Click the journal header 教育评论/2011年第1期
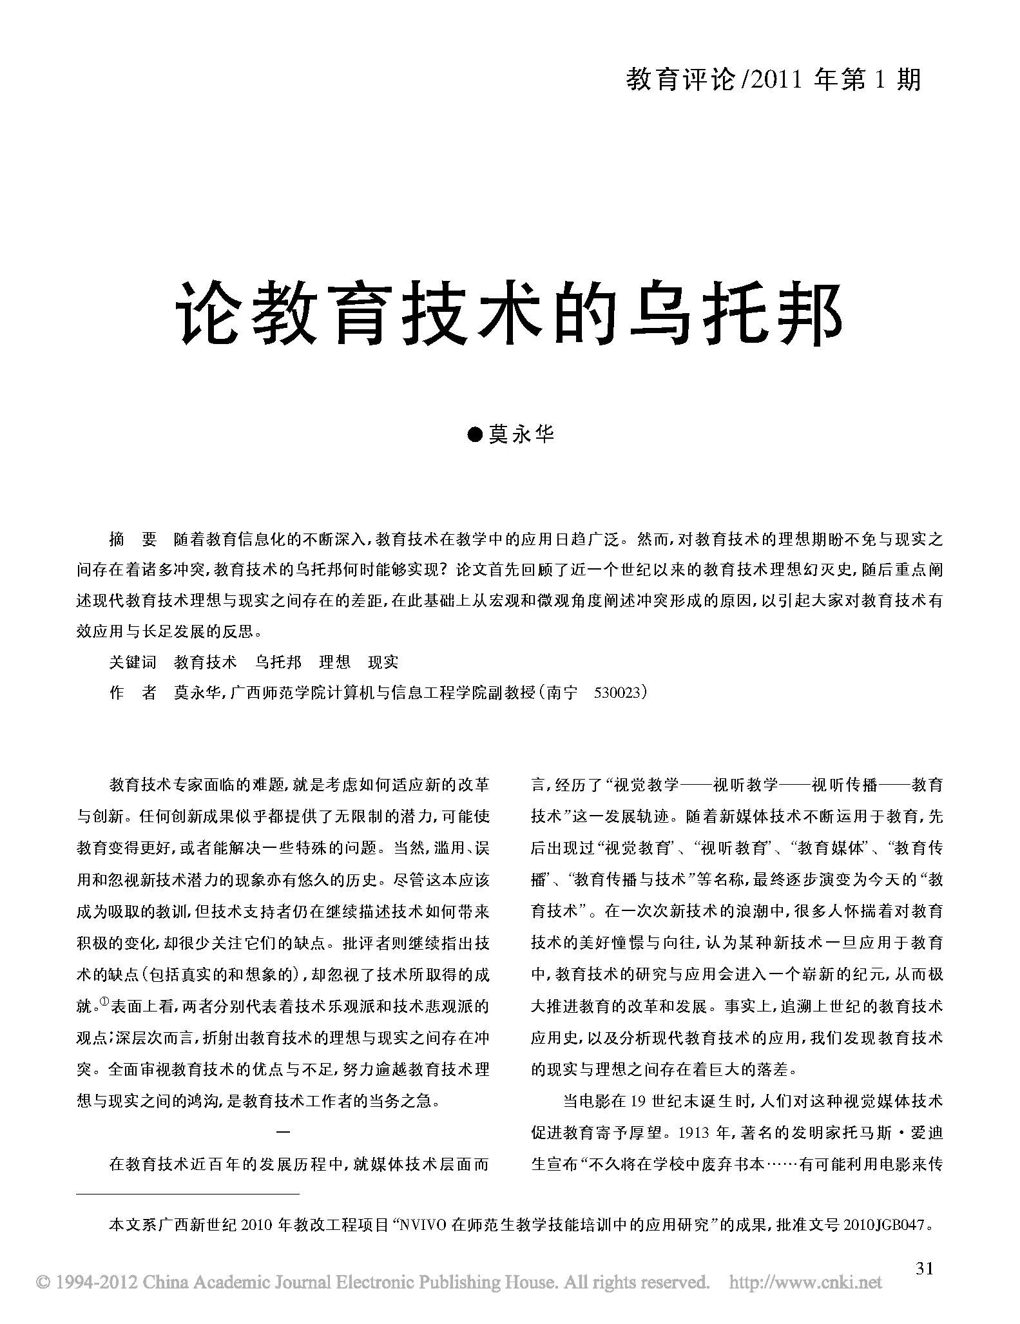coord(774,81)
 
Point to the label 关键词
coord(133,662)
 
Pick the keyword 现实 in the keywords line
coord(383,662)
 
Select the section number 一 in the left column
coord(283,1132)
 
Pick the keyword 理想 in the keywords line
coord(335,662)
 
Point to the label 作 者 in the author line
coord(133,693)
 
